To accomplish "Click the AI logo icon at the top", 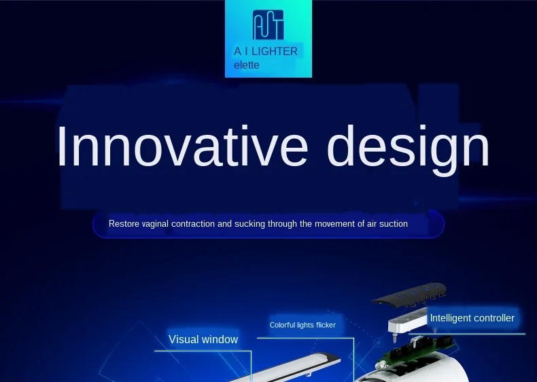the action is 268,25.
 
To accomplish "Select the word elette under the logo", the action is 247,65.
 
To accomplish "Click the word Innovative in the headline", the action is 183,146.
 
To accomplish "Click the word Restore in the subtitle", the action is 124,224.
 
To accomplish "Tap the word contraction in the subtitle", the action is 193,224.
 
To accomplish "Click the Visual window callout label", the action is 203,339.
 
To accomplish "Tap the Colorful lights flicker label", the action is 302,325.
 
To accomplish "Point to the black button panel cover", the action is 409,294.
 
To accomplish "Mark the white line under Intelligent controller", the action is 467,334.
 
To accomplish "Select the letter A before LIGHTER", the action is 237,52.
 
